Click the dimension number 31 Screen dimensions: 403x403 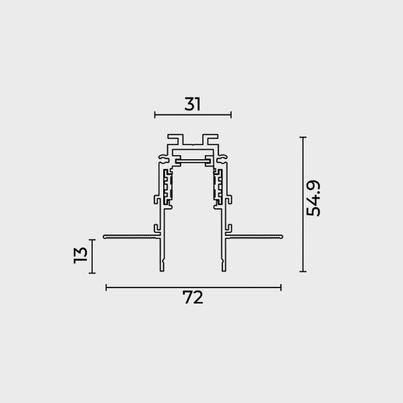tap(192, 104)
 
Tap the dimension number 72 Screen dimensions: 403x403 tap(193, 298)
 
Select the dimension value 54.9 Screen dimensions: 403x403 tap(314, 198)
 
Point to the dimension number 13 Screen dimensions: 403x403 tap(81, 255)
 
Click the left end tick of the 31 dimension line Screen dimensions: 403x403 tap(154, 115)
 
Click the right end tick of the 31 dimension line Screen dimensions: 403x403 tap(231, 115)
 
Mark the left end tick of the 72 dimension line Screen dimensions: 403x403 tap(106, 287)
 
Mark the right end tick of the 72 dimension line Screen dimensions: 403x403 tap(281, 287)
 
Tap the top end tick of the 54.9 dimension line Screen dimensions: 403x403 tap(303, 138)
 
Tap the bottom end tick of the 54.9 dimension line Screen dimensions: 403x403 tap(303, 271)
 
